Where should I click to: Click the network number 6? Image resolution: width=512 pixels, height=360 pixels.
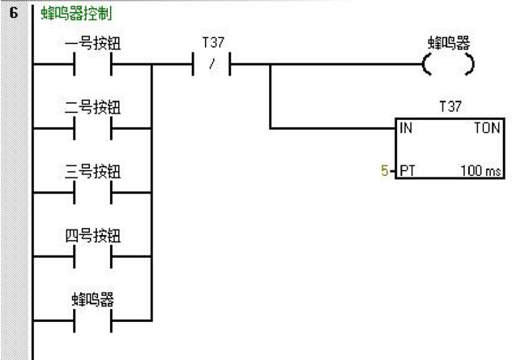click(14, 13)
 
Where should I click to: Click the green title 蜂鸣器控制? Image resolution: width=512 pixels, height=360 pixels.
click(76, 14)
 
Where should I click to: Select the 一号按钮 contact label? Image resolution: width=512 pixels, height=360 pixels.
click(92, 43)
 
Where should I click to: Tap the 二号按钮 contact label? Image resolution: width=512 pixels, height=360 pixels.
click(92, 107)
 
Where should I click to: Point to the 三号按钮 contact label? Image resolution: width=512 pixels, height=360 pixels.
click(92, 171)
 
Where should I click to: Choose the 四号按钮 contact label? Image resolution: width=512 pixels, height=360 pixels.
click(92, 235)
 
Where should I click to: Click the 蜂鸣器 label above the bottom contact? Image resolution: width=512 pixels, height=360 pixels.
click(92, 299)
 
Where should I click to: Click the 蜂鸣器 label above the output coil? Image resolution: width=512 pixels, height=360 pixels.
click(449, 43)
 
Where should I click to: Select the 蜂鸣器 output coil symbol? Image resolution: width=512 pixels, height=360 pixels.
click(448, 64)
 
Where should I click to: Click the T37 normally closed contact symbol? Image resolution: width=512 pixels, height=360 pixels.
click(211, 64)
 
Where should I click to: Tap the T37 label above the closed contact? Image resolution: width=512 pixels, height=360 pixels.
click(213, 42)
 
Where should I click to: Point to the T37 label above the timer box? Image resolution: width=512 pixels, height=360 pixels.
click(450, 106)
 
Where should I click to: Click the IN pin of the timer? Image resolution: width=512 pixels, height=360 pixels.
click(406, 128)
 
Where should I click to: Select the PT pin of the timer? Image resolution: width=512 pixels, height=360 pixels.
click(407, 170)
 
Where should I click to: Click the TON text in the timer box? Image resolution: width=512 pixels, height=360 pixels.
click(487, 128)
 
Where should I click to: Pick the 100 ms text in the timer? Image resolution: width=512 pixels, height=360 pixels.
click(480, 170)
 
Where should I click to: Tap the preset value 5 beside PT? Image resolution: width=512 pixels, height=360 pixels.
click(385, 170)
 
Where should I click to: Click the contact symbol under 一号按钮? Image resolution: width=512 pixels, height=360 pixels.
click(92, 64)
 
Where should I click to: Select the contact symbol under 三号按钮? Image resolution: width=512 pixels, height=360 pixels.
click(92, 192)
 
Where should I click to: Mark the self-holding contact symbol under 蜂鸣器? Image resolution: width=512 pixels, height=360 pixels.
click(92, 321)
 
